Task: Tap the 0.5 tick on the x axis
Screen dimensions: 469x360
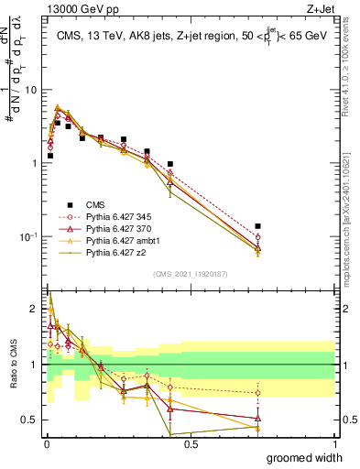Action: click(191, 443)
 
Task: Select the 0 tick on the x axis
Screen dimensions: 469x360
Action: click(47, 443)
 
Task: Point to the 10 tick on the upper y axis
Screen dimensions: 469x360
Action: click(33, 90)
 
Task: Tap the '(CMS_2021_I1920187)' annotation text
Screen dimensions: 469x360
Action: click(191, 273)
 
